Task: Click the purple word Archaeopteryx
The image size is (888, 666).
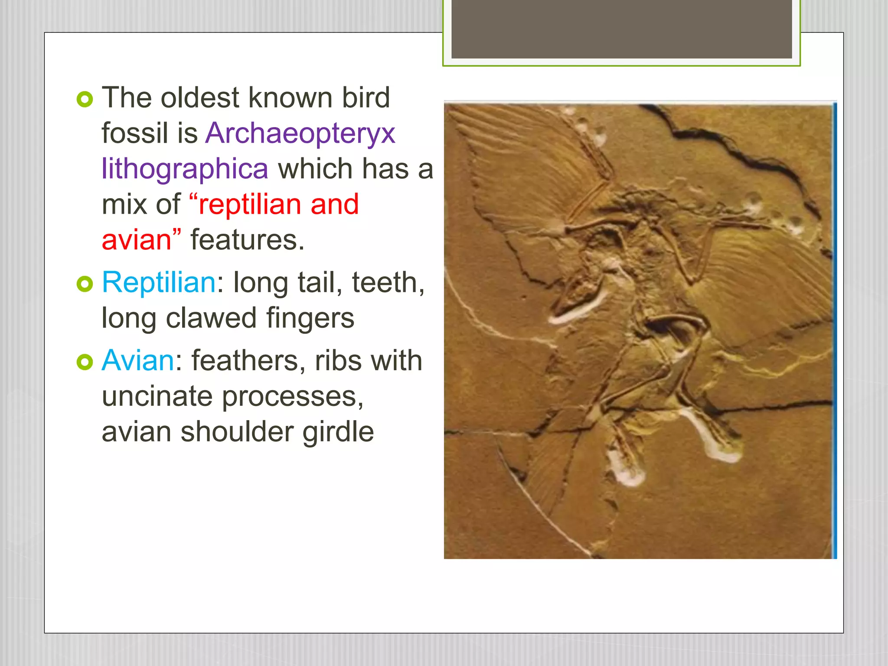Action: [300, 134]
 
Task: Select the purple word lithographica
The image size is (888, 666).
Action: [185, 169]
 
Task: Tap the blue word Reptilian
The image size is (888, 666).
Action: [159, 283]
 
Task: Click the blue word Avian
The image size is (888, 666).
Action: [138, 361]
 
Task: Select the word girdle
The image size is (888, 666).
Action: [338, 432]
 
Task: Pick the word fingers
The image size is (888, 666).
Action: [310, 318]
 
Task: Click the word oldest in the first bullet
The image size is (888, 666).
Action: [200, 98]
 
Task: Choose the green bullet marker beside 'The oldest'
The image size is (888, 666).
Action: [85, 100]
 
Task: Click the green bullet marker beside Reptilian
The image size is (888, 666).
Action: [85, 284]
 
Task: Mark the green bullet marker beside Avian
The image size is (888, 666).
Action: [85, 362]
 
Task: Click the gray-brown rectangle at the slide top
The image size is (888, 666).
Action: [621, 29]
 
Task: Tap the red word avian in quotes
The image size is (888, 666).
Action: [136, 240]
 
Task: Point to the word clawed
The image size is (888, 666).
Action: [211, 318]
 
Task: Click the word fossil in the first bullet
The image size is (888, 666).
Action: [134, 134]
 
